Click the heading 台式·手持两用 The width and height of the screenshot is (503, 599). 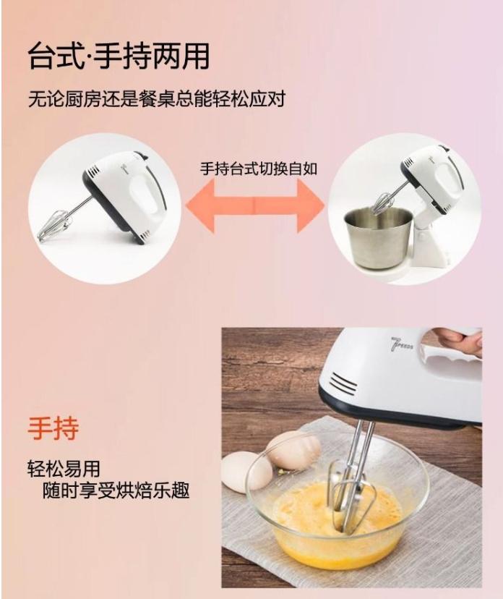tap(119, 56)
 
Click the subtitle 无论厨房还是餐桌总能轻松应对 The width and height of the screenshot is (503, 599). tap(156, 98)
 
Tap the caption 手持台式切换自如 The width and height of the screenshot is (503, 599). tap(258, 169)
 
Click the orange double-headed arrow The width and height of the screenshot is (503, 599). tap(255, 205)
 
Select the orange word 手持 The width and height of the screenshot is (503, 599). tap(53, 428)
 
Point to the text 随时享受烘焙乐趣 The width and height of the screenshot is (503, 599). tap(115, 491)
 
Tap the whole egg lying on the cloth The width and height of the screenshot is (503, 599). tap(246, 471)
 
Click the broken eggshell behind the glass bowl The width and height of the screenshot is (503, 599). tap(293, 450)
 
